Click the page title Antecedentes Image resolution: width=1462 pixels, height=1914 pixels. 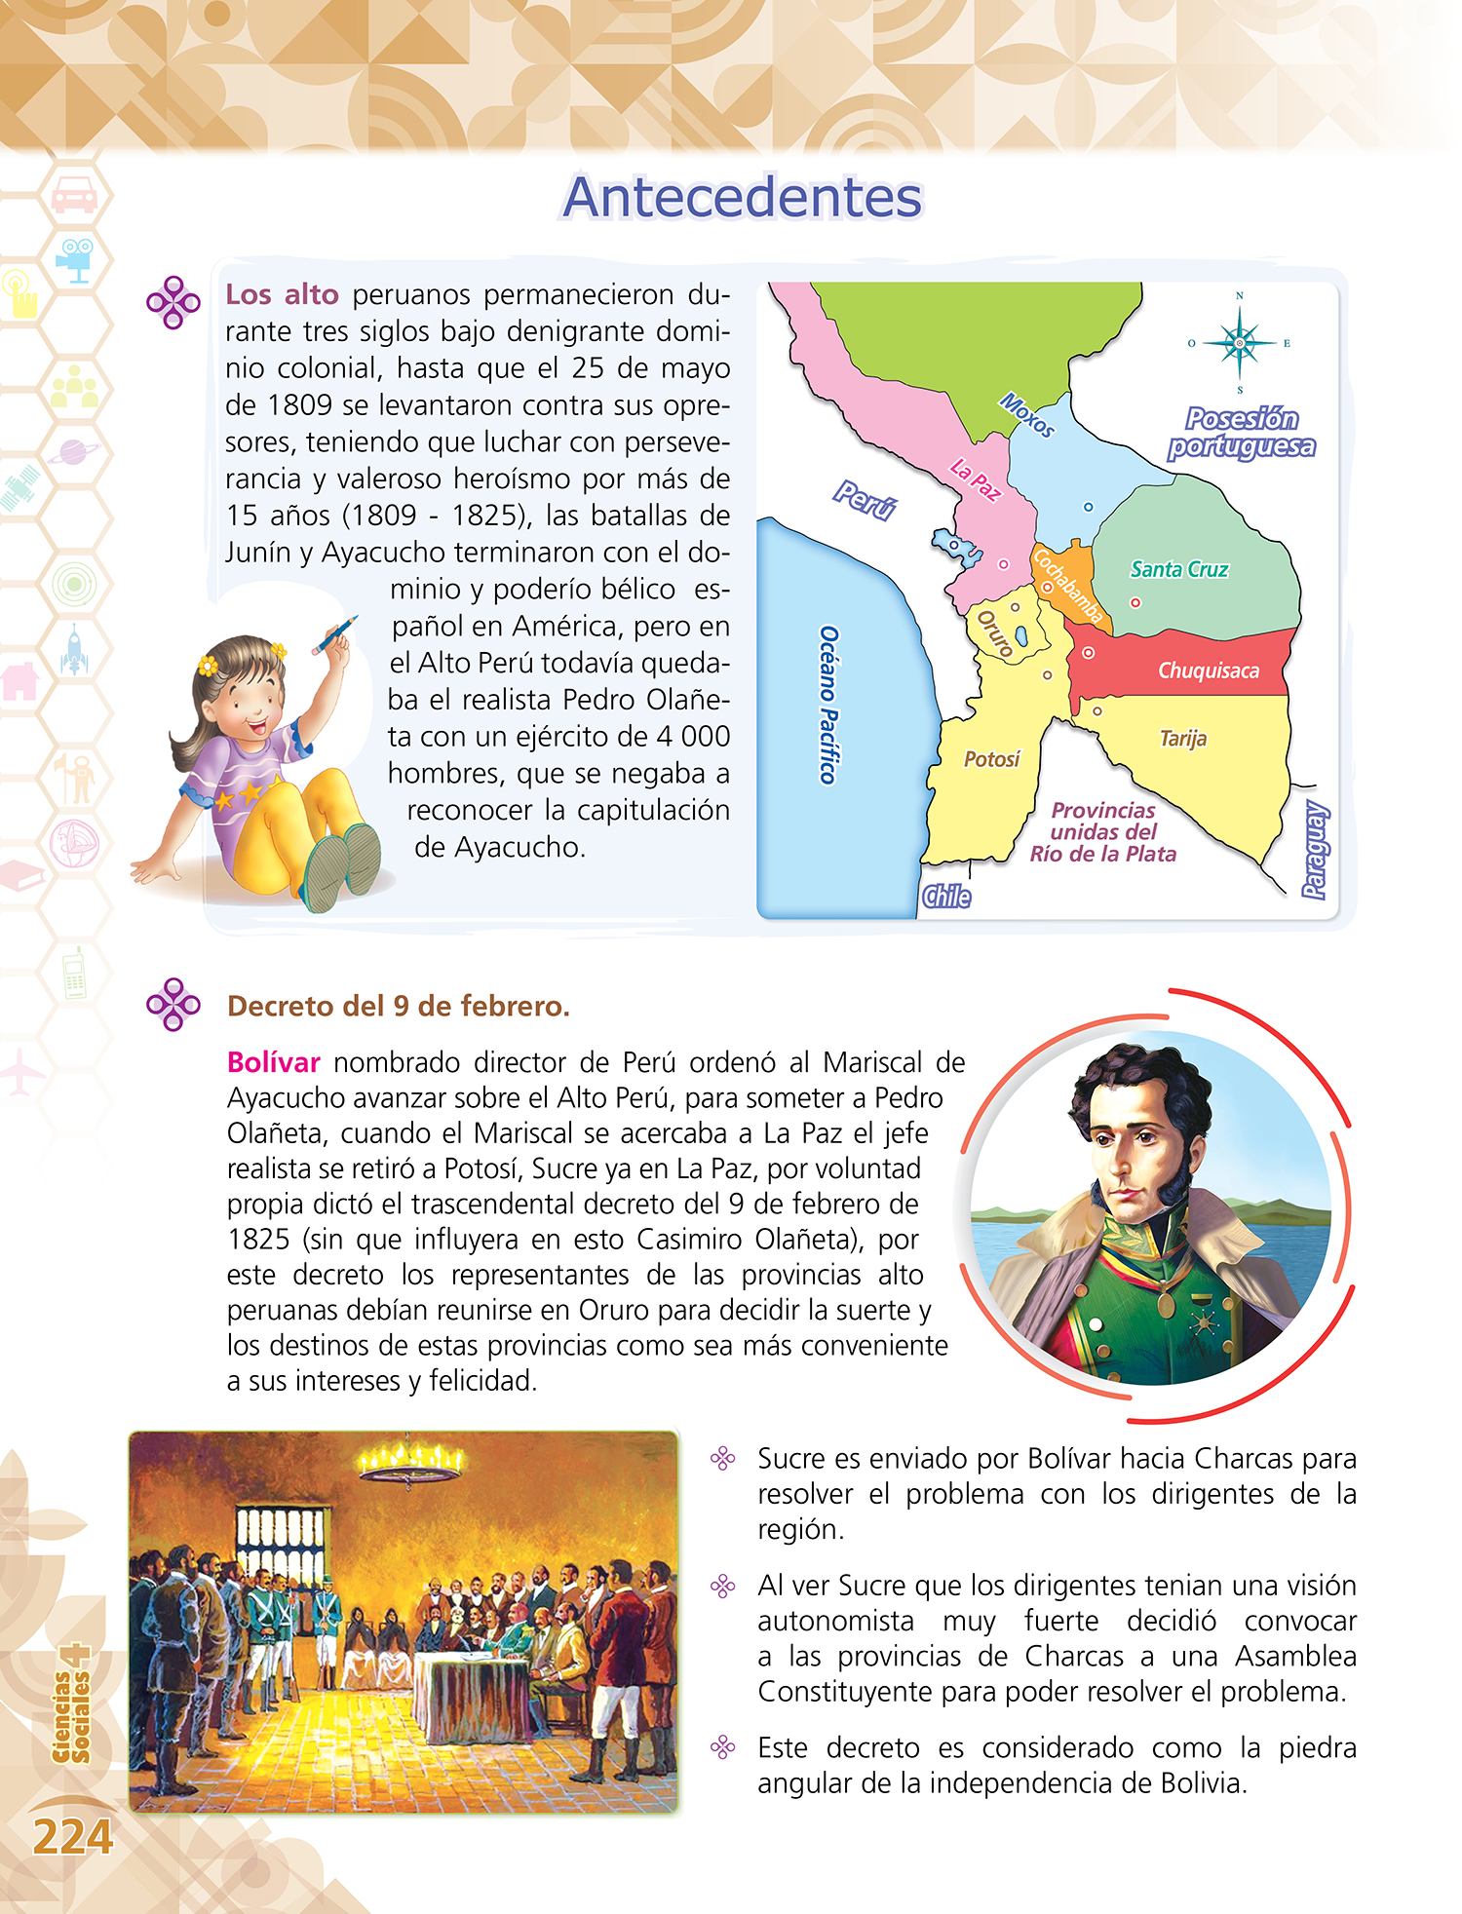(742, 198)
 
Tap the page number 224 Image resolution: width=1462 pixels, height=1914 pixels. (73, 1837)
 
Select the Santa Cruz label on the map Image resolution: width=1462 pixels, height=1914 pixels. (1178, 569)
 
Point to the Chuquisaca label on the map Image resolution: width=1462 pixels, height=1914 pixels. (1208, 670)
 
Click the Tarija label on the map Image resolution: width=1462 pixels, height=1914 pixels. (1182, 739)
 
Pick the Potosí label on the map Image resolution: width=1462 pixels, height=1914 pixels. (991, 759)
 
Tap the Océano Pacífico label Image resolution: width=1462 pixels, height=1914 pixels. (827, 705)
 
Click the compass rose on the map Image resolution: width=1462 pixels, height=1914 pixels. (1239, 343)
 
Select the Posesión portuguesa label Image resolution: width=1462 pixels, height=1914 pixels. (1242, 432)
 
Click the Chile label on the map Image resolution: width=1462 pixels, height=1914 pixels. (946, 897)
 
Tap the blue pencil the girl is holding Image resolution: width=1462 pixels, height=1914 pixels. (335, 634)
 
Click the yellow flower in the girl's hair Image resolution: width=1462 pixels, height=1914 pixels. (207, 666)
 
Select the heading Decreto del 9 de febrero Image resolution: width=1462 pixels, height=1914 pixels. (398, 1006)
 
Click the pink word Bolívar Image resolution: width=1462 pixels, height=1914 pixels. (273, 1062)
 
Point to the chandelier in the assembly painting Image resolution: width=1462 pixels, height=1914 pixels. (409, 1458)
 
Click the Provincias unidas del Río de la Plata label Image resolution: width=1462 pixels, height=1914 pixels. (1102, 832)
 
